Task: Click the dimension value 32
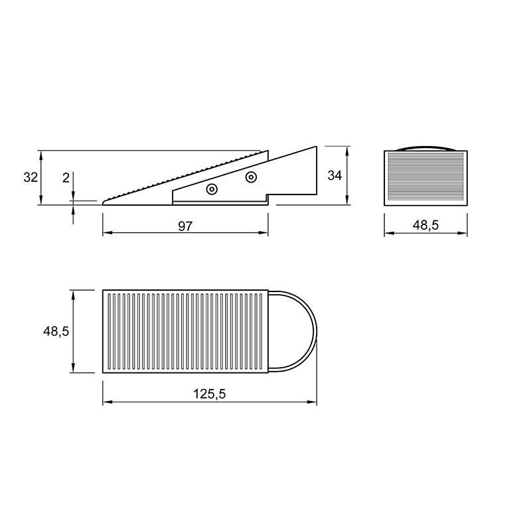click(x=31, y=177)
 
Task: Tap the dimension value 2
click(x=66, y=177)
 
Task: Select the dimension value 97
click(x=185, y=226)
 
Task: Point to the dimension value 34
click(x=335, y=175)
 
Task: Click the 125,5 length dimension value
click(x=209, y=394)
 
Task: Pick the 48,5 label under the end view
click(x=425, y=224)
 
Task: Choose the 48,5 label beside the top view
click(x=56, y=331)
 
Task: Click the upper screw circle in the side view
click(x=251, y=177)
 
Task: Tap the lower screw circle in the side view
click(x=212, y=189)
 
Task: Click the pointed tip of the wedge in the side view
click(x=103, y=204)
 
